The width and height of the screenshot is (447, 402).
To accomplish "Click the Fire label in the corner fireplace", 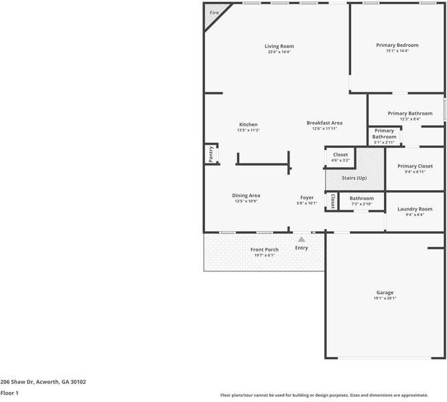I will (214, 13).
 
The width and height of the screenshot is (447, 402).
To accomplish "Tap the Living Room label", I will (279, 46).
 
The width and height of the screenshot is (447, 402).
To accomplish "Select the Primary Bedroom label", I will (397, 45).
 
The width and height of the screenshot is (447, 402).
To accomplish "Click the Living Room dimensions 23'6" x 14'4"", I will (279, 52).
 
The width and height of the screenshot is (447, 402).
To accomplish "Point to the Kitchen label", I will (248, 125).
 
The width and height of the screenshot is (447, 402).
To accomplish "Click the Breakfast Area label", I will (324, 123).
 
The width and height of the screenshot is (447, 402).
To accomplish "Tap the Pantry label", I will (210, 154).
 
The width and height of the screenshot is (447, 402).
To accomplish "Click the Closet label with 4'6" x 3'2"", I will (340, 155).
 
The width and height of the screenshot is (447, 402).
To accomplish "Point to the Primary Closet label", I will (415, 166).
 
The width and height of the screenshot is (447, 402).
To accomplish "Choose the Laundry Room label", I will (415, 209).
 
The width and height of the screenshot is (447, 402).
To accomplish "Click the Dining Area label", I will (246, 196).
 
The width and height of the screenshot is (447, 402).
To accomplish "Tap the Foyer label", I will (306, 198).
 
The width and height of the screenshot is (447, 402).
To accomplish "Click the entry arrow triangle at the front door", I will (302, 239).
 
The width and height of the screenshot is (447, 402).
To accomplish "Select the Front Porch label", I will (264, 250).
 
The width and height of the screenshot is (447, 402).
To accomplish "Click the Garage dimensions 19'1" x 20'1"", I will (385, 298).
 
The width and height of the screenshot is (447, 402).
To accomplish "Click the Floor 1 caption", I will (9, 394).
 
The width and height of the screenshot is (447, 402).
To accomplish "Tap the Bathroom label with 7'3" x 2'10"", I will (361, 198).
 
